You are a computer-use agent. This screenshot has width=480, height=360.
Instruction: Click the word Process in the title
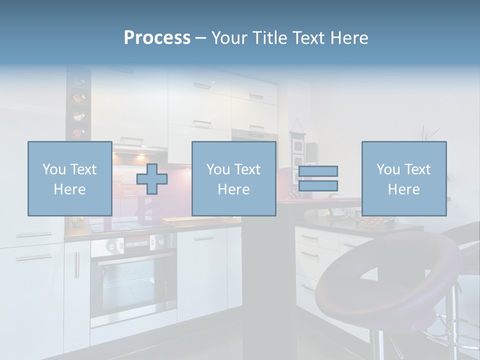coord(157,38)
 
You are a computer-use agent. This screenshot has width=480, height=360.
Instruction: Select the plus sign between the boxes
coord(152,179)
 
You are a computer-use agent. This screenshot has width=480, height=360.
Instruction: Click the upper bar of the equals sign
coord(318,171)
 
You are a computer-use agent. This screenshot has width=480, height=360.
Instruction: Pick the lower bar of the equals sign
coord(318,185)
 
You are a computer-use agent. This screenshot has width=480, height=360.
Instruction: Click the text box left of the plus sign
coord(69,178)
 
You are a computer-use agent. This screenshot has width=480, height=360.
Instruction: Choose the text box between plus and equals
coord(233,178)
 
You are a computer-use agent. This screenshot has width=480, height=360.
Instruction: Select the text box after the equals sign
coord(403,178)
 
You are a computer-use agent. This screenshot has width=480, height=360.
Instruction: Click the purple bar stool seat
coord(385,280)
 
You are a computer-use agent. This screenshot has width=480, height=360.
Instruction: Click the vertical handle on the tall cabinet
coord(77,265)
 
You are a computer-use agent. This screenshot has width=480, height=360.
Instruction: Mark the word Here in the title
coord(348,38)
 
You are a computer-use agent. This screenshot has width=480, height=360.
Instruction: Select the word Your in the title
coord(228,38)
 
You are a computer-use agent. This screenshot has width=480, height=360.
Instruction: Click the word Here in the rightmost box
coord(403,189)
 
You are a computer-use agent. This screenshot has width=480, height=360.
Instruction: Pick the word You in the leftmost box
coord(54,169)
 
